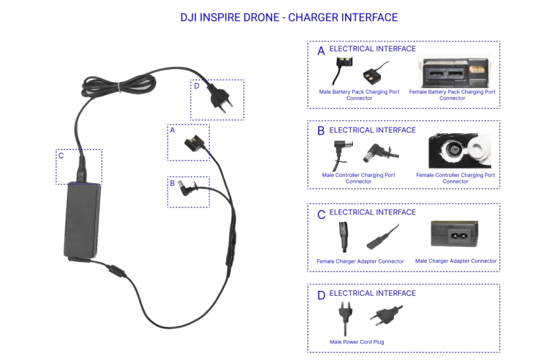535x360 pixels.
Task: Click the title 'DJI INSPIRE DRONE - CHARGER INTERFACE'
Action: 288,16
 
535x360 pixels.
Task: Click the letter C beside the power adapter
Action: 61,155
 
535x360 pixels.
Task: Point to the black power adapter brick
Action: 81,220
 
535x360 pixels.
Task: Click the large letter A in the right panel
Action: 321,51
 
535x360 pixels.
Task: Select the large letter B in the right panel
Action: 321,132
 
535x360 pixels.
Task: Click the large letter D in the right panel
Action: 321,295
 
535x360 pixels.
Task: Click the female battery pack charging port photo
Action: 457,71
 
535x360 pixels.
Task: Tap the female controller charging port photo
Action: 457,152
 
